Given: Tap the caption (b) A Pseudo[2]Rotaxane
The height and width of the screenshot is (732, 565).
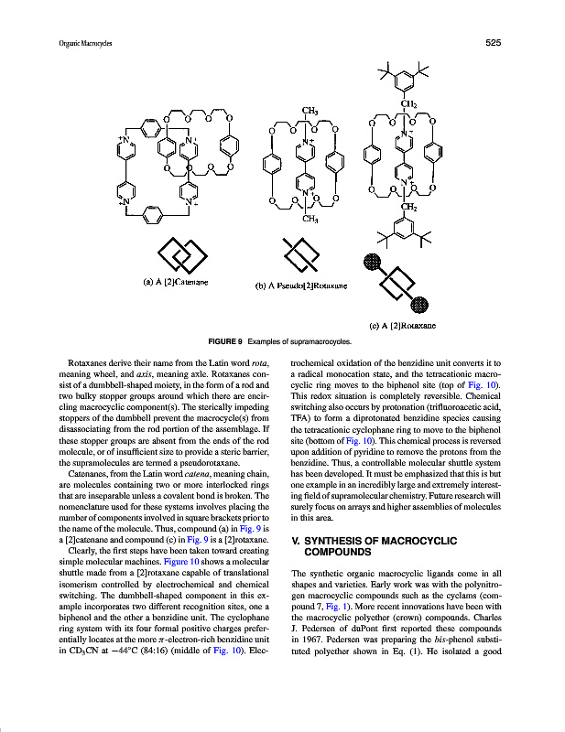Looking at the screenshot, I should (300, 285).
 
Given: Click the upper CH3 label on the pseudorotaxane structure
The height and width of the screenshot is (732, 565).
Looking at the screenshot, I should (310, 112).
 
